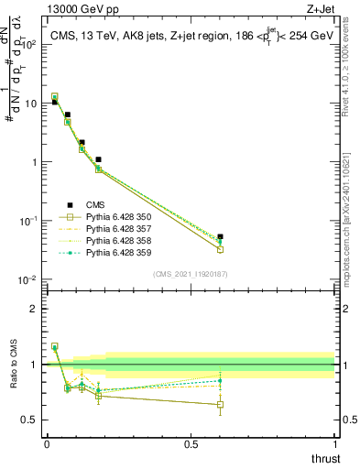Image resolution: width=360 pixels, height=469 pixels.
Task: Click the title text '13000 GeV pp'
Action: [x=75, y=10]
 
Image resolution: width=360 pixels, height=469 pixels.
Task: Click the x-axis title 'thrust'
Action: [x=325, y=458]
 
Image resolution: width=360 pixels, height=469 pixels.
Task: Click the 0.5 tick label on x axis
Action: [x=191, y=444]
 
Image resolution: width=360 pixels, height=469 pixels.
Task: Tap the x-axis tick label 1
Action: [x=335, y=444]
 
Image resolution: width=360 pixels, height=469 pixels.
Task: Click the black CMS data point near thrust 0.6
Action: [x=220, y=237]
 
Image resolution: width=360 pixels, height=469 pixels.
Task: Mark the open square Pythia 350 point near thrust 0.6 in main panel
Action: [x=220, y=249]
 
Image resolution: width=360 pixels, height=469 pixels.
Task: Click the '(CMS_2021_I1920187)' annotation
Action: [x=191, y=274]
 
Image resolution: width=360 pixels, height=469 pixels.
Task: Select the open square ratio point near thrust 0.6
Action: [x=220, y=404]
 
